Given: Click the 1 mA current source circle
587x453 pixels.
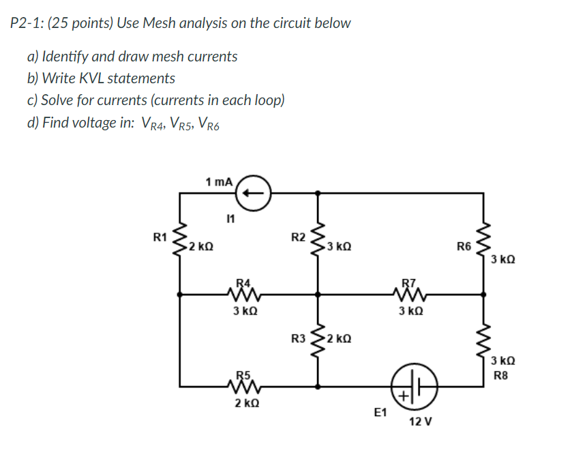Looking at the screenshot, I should click(254, 192).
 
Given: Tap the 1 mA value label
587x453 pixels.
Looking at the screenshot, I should click(219, 181).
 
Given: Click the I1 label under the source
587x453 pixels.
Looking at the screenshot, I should click(230, 220).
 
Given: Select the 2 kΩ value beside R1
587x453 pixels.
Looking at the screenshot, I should click(202, 246).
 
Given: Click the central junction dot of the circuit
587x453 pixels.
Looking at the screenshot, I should click(318, 295).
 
